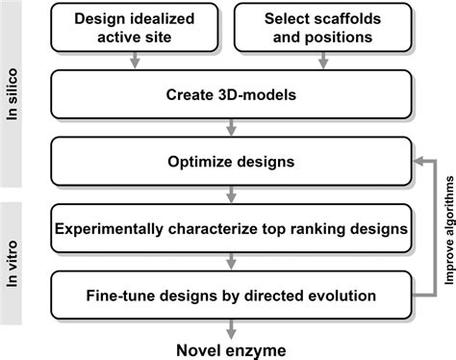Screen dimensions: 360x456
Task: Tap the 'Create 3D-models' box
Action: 229,96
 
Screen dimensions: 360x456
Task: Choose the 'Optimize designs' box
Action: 229,161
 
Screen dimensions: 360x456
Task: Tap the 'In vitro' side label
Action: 14,257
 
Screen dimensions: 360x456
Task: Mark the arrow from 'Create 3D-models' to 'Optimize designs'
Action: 229,127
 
